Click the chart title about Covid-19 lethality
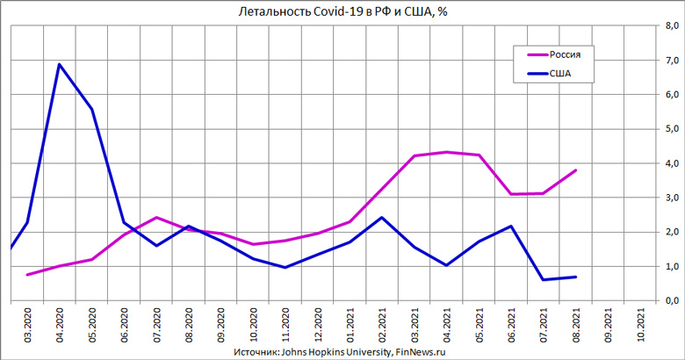(x=343, y=11)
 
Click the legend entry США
(x=561, y=74)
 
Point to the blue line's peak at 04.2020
(x=59, y=64)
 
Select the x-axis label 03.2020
(x=27, y=326)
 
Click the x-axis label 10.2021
(x=642, y=326)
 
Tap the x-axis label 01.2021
(x=350, y=326)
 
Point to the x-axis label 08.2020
(x=189, y=326)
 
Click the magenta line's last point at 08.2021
(x=576, y=170)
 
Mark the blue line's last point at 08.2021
(x=576, y=277)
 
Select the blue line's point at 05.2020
(x=91, y=109)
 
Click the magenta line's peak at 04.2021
(x=447, y=152)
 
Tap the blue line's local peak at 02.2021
(x=382, y=217)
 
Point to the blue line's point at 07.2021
(x=544, y=279)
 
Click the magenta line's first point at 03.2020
(x=27, y=275)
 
